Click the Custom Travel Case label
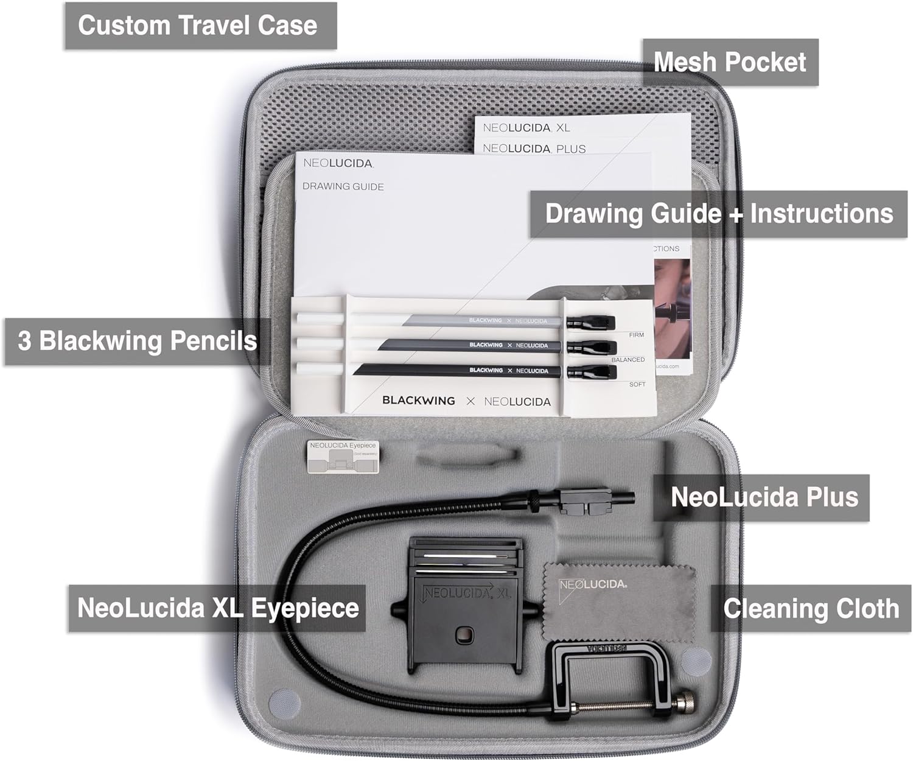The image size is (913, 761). pos(200,26)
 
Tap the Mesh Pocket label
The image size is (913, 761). pos(730,62)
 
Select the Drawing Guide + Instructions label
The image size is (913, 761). pos(718,214)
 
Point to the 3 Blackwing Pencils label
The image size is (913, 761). pos(137,341)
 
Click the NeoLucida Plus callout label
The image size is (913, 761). pos(764,497)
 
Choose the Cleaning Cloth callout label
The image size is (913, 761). pos(811,608)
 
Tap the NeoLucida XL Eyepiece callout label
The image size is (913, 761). pos(217,608)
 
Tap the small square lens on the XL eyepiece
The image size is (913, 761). pos(465,636)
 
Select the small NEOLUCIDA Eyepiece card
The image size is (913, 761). pos(343,457)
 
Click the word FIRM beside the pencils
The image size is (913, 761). pos(636,335)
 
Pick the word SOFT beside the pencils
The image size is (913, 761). pos(637,384)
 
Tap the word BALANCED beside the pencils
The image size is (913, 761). pos(628,360)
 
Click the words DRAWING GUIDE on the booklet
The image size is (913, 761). pos(343,186)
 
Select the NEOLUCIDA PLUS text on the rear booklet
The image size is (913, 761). pos(534,149)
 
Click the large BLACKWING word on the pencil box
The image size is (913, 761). pos(418,401)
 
